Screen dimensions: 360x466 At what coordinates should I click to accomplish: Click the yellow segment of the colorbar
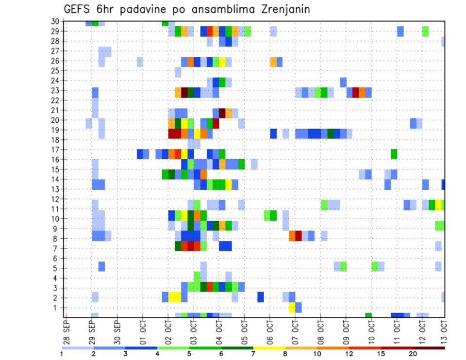click(x=269, y=348)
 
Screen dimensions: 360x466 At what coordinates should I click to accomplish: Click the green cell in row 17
click(x=394, y=154)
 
